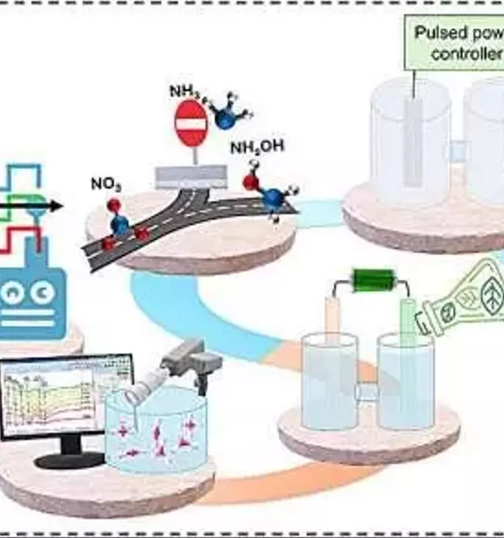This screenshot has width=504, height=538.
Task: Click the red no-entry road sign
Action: (x=191, y=123)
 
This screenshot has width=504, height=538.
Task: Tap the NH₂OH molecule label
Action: (x=257, y=147)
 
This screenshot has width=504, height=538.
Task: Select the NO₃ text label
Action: (x=106, y=184)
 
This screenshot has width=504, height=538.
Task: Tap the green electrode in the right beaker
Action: (x=408, y=330)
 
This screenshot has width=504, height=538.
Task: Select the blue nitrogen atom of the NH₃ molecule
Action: (x=226, y=118)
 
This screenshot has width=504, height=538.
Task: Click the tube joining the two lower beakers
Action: (x=367, y=391)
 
